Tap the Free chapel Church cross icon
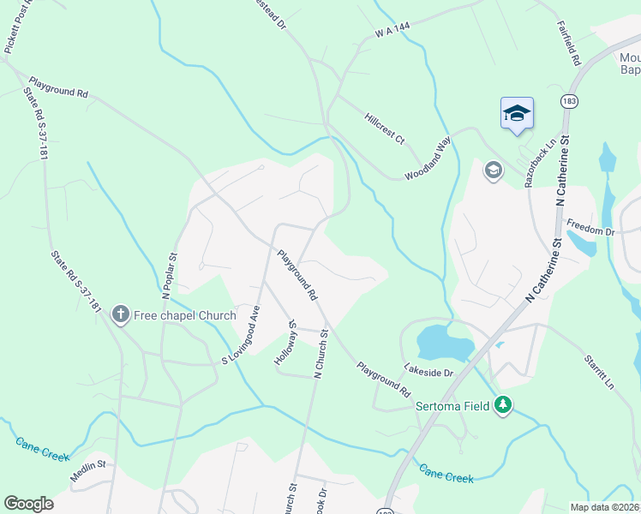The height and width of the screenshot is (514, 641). click(x=121, y=315)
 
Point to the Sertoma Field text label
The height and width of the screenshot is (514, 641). click(x=452, y=406)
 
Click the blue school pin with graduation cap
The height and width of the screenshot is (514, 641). click(x=517, y=114)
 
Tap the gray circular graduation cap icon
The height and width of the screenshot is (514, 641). click(x=493, y=170)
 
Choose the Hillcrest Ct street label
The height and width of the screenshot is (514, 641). click(x=384, y=128)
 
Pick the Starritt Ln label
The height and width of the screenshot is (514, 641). click(x=599, y=369)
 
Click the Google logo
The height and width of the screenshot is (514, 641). click(x=29, y=504)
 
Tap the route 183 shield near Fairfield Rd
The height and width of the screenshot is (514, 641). click(x=568, y=101)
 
